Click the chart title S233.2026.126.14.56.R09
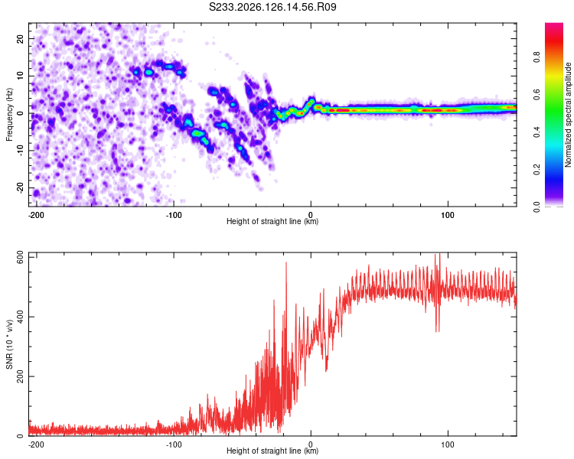[272, 7]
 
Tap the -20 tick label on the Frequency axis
[21, 188]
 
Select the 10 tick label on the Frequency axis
[21, 76]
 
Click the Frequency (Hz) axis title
[9, 114]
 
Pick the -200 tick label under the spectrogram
[35, 215]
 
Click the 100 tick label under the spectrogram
[448, 215]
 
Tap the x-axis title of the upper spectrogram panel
[272, 221]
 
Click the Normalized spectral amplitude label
[568, 115]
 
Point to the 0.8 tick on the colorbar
[536, 57]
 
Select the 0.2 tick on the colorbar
[536, 170]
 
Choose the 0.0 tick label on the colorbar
[536, 207]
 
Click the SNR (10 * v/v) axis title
[9, 344]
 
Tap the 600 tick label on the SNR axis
[21, 257]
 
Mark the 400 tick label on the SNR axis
[21, 317]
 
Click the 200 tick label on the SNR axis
[21, 376]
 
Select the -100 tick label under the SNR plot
[174, 444]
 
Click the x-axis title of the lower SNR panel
[272, 451]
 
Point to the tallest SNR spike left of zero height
[286, 263]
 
